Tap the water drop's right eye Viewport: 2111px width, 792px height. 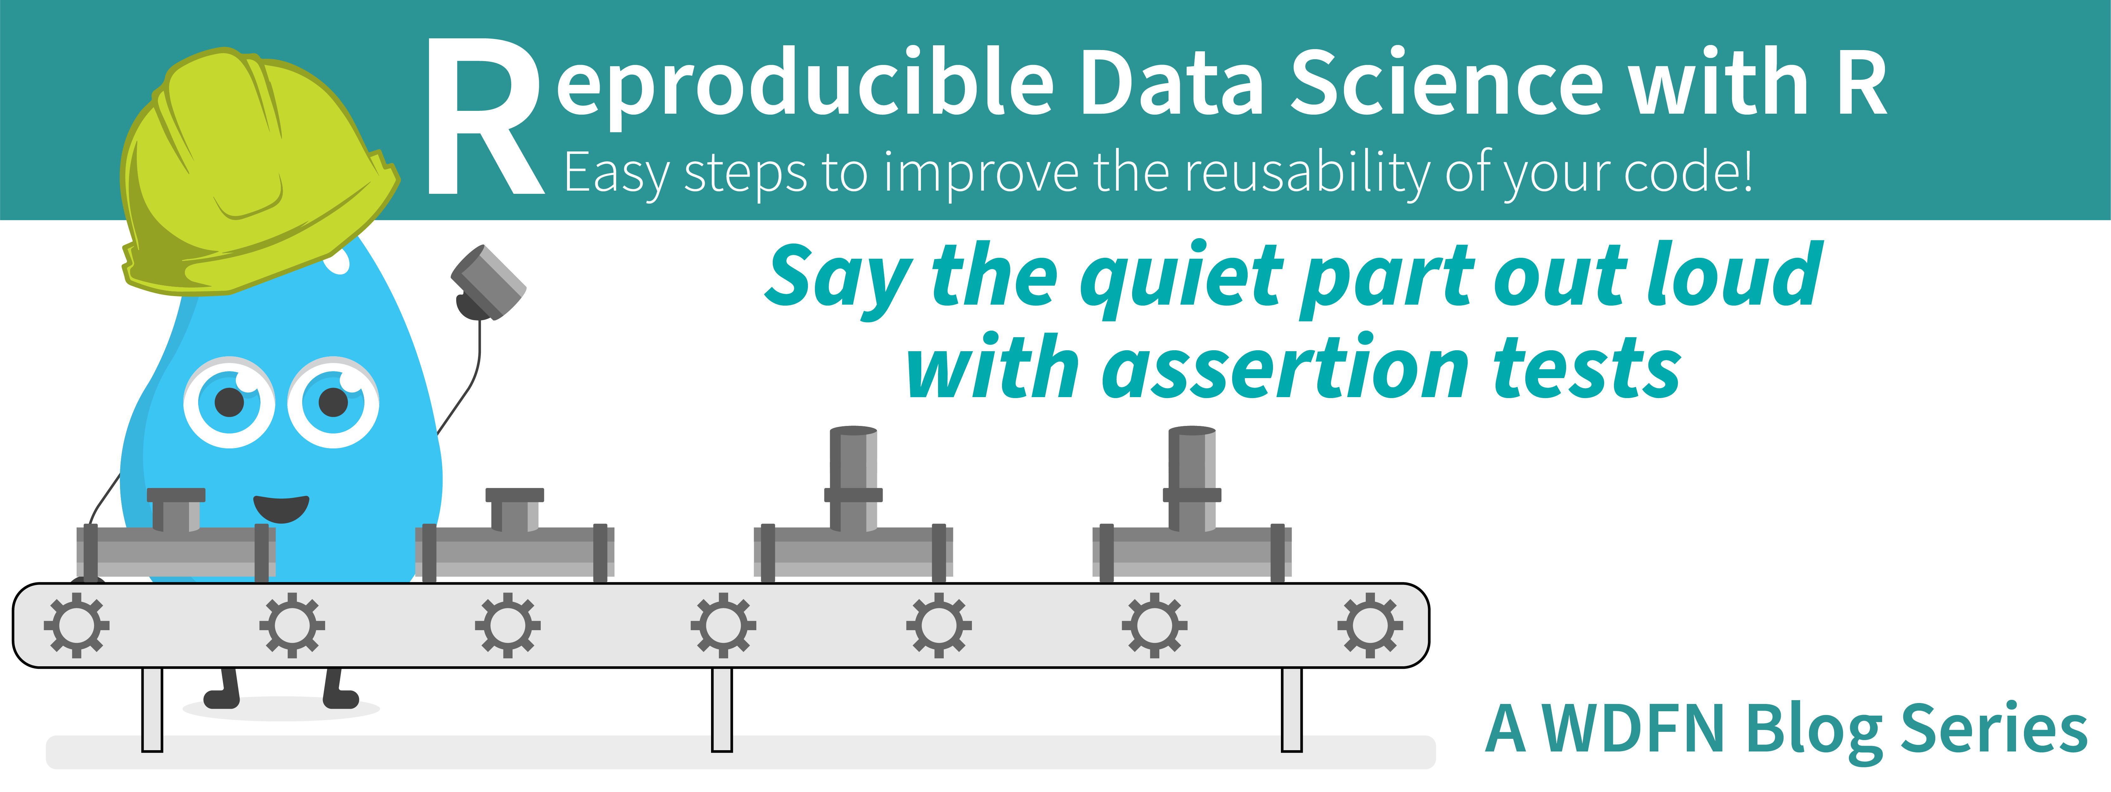tap(334, 402)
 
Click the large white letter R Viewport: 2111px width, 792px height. tap(483, 119)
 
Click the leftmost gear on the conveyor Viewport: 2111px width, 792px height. tap(76, 625)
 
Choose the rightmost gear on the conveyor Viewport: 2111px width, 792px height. tap(1369, 625)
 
